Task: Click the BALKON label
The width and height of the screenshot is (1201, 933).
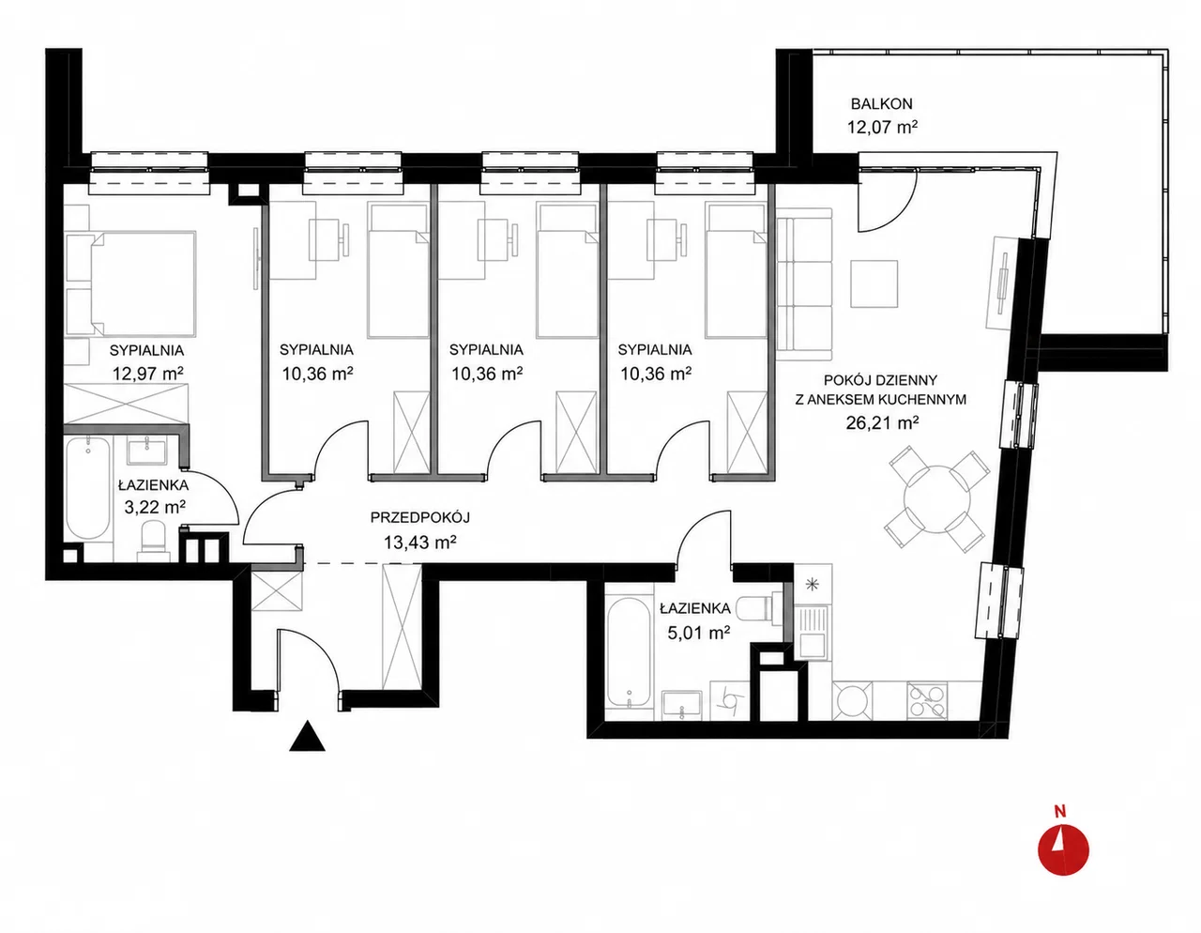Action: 882,103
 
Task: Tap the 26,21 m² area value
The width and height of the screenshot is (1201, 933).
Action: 882,422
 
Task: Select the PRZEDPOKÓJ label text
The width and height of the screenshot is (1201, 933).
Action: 419,518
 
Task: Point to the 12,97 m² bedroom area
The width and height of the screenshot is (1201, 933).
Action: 148,374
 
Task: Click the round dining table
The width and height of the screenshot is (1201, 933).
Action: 936,499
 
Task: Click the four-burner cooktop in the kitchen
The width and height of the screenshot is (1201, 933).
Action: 927,701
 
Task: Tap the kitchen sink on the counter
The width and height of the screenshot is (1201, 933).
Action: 813,632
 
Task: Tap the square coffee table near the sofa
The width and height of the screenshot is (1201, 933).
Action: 874,284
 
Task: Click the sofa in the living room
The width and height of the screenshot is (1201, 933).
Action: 804,284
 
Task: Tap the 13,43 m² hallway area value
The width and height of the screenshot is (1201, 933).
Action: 420,543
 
